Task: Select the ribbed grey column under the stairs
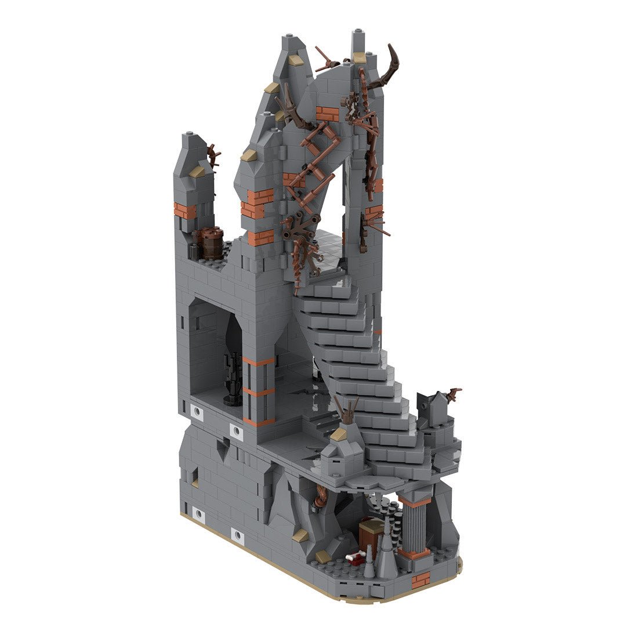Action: pos(414,525)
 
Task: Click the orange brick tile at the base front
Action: pos(420,579)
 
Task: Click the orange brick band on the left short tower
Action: pos(185,209)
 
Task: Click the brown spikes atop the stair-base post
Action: pos(347,413)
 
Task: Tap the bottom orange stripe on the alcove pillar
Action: pos(258,421)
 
